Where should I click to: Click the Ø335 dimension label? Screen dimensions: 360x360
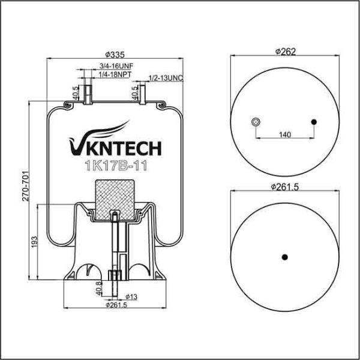115,55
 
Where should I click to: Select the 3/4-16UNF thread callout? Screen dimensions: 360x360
116,66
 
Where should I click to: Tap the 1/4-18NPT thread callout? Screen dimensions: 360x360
115,74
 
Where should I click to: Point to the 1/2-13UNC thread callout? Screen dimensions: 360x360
166,78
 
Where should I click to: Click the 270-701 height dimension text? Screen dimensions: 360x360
26,186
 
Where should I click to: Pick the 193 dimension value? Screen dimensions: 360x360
34,242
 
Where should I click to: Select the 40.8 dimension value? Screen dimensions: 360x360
99,289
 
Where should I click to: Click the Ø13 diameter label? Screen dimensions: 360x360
131,297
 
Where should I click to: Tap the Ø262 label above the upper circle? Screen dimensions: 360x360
286,52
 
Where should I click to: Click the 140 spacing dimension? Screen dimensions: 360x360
285,134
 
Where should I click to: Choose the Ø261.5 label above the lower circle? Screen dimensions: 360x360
284,187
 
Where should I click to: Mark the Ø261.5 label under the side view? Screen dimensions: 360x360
116,305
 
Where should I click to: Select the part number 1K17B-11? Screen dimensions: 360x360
116,166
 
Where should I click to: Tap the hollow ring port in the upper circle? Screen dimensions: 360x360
255,122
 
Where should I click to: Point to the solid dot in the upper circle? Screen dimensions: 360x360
314,122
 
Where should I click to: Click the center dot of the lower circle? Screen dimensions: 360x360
284,257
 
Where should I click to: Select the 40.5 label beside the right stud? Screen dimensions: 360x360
135,93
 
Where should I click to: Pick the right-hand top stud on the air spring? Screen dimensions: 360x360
143,95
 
